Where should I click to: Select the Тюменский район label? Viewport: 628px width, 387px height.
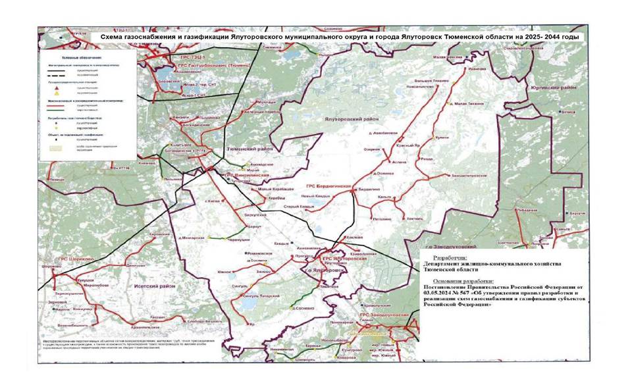pos(246,150)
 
